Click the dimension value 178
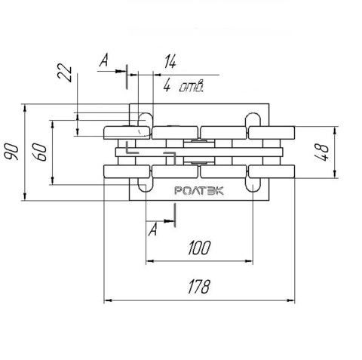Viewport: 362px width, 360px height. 198,287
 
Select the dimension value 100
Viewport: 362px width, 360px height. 199,248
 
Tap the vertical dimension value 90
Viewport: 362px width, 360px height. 12,152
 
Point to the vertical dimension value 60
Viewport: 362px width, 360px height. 41,152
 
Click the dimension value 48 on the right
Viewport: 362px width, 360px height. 322,152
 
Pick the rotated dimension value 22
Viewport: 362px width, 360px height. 65,72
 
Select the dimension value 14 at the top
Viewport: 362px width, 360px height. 170,62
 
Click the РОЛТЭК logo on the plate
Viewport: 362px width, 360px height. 199,190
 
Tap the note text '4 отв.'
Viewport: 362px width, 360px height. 183,86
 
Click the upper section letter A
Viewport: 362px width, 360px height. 104,60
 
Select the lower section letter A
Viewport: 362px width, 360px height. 153,229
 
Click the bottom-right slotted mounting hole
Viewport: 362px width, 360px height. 253,184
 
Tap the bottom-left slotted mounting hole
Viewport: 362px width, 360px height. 146,184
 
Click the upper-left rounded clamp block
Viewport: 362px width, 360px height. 127,133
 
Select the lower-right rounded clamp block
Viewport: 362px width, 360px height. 271,171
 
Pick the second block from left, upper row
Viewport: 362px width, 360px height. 175,133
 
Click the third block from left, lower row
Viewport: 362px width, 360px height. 223,171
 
